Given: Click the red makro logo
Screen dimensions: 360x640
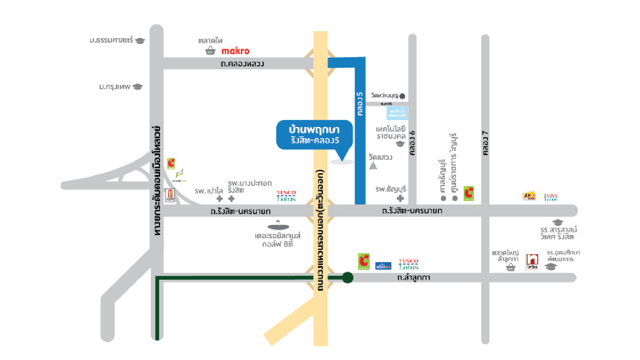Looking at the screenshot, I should click(x=235, y=51).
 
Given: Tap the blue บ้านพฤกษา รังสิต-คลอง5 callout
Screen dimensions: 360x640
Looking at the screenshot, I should click(x=315, y=135).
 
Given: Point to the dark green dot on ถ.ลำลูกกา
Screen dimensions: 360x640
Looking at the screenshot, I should click(x=348, y=277).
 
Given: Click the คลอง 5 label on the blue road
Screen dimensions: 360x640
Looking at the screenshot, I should click(x=360, y=104).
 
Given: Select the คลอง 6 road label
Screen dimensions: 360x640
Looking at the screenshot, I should click(x=413, y=143).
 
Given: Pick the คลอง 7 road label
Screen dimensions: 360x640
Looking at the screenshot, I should click(x=485, y=143).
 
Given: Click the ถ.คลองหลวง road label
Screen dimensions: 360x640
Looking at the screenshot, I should click(x=242, y=64).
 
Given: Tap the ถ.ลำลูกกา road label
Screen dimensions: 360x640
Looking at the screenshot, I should click(x=414, y=277).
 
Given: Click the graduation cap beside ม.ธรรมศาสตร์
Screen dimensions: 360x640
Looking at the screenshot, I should click(x=140, y=41).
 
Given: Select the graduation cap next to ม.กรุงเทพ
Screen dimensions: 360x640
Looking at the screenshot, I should click(x=138, y=87).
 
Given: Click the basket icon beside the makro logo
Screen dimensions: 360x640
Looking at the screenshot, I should click(x=210, y=51).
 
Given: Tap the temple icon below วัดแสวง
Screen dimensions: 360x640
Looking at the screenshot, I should click(x=373, y=165).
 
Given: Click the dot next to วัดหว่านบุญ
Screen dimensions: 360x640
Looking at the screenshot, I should click(x=403, y=96).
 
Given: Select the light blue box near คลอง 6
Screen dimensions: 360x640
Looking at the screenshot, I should click(x=397, y=113).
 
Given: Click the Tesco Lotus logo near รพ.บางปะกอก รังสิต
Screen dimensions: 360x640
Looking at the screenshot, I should click(x=286, y=196).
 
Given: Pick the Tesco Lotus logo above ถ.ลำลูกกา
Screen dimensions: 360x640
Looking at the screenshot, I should click(x=408, y=264).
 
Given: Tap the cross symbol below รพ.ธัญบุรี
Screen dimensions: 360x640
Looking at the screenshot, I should click(x=400, y=198).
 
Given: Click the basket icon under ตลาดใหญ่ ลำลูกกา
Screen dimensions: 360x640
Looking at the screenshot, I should click(x=511, y=267).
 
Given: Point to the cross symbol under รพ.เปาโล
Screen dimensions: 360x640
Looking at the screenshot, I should click(x=219, y=199).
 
